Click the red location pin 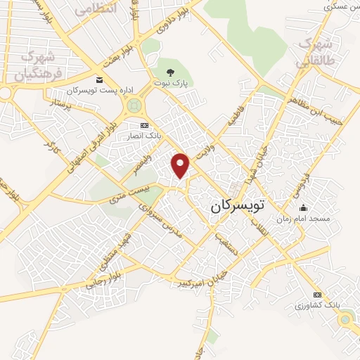[181, 165]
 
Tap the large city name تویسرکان [238, 206]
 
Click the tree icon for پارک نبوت [169, 72]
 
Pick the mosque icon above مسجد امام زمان [303, 207]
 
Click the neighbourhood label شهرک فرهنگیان [41, 65]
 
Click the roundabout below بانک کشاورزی [346, 320]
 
